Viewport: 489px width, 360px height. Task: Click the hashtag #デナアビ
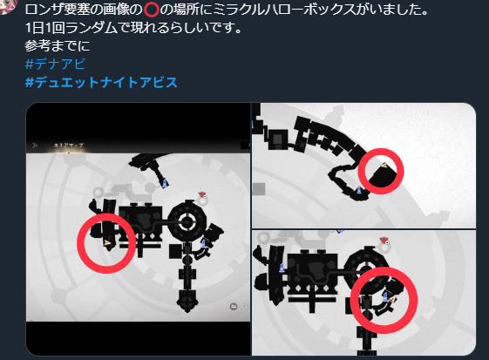click(55, 64)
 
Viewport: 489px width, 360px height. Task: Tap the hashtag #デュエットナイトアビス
click(101, 83)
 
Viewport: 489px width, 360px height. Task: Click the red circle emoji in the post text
click(152, 10)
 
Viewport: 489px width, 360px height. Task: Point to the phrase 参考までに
click(58, 46)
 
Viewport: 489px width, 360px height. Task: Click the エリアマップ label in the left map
click(69, 145)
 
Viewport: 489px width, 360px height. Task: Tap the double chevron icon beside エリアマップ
click(35, 145)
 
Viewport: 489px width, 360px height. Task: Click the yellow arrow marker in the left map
click(107, 242)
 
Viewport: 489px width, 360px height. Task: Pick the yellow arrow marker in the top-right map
click(385, 165)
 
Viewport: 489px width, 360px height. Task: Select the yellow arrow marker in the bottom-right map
click(392, 300)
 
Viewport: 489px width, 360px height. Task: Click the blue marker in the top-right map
click(359, 189)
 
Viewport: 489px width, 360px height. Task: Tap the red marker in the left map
click(203, 195)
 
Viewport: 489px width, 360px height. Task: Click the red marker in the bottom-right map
click(384, 241)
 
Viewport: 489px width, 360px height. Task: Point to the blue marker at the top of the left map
click(165, 183)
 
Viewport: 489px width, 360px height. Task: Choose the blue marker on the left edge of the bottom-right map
click(282, 268)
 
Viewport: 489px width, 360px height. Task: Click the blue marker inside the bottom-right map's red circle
click(385, 297)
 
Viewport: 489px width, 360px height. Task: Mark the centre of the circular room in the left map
click(187, 222)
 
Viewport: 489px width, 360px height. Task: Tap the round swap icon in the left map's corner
click(234, 307)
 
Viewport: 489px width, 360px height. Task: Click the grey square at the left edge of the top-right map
click(259, 189)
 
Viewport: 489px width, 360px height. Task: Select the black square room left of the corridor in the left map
click(175, 251)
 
